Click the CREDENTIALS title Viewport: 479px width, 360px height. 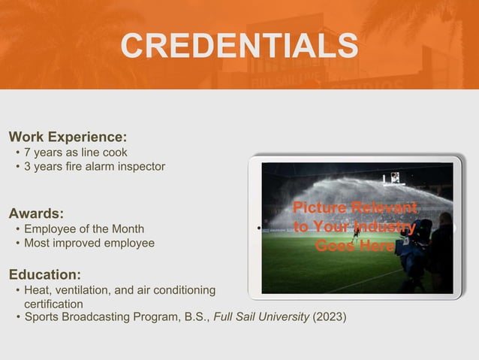click(239, 46)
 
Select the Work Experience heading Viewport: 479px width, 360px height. click(67, 137)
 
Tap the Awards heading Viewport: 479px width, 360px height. click(36, 213)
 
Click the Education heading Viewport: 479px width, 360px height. click(44, 274)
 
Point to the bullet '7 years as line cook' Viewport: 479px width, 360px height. click(75, 153)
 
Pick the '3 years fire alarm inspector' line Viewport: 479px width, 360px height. click(94, 166)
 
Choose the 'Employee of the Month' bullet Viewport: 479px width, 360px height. click(83, 228)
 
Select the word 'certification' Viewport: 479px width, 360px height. click(53, 304)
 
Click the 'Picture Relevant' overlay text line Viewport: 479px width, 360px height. click(354, 207)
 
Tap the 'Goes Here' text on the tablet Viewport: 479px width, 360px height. click(354, 246)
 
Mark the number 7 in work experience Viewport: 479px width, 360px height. click(28, 153)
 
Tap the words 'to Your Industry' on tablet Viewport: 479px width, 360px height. click(354, 226)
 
